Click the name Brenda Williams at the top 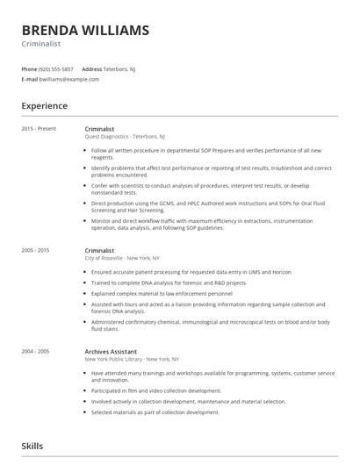click(85, 30)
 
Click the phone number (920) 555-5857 click(55, 68)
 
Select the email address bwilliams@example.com click(70, 79)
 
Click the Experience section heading click(45, 106)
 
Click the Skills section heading click(33, 446)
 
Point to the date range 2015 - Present click(39, 129)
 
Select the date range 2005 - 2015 click(36, 250)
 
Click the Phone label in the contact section click(30, 68)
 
